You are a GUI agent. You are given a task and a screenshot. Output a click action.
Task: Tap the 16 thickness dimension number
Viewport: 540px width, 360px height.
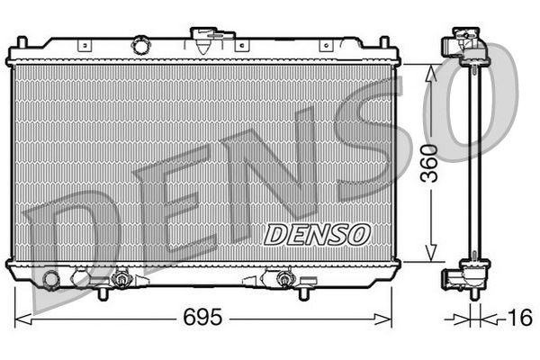point(519,317)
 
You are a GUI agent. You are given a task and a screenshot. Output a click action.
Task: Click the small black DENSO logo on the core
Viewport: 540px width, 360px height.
point(317,234)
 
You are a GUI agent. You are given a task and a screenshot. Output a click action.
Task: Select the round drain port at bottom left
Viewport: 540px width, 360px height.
point(52,281)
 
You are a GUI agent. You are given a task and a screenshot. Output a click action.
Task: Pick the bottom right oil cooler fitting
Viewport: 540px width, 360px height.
point(285,279)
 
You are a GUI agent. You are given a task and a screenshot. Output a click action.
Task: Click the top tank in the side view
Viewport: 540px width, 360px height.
point(467,49)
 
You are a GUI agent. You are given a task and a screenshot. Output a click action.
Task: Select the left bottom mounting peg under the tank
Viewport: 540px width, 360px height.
point(101,292)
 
